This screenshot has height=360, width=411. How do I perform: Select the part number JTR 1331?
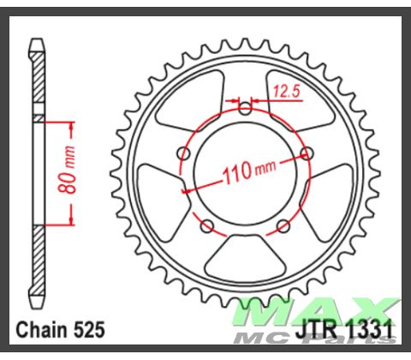click(x=347, y=330)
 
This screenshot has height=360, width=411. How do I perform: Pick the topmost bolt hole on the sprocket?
click(x=246, y=108)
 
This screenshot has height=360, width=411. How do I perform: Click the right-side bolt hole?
click(x=310, y=154)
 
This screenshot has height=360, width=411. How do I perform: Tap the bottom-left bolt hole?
click(x=205, y=226)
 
